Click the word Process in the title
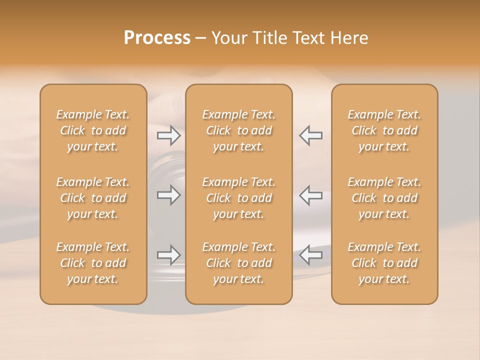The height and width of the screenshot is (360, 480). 157,38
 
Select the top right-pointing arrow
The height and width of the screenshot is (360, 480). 168,135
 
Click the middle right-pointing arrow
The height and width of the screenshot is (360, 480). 168,195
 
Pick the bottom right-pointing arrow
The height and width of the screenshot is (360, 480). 168,255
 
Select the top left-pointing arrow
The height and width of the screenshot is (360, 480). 311,135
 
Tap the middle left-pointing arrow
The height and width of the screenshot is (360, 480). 311,195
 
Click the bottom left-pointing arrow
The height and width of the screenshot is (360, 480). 311,255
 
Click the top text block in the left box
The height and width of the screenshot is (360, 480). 93,130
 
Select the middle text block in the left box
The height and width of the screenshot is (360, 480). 93,198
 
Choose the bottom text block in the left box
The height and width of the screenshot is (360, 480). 93,263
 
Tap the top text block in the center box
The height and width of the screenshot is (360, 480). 239,130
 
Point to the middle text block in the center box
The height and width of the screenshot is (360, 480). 239,198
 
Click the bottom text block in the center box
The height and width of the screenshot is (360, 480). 239,263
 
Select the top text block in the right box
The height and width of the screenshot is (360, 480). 384,130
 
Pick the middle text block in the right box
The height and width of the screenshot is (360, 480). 384,198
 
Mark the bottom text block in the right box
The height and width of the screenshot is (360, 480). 384,263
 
